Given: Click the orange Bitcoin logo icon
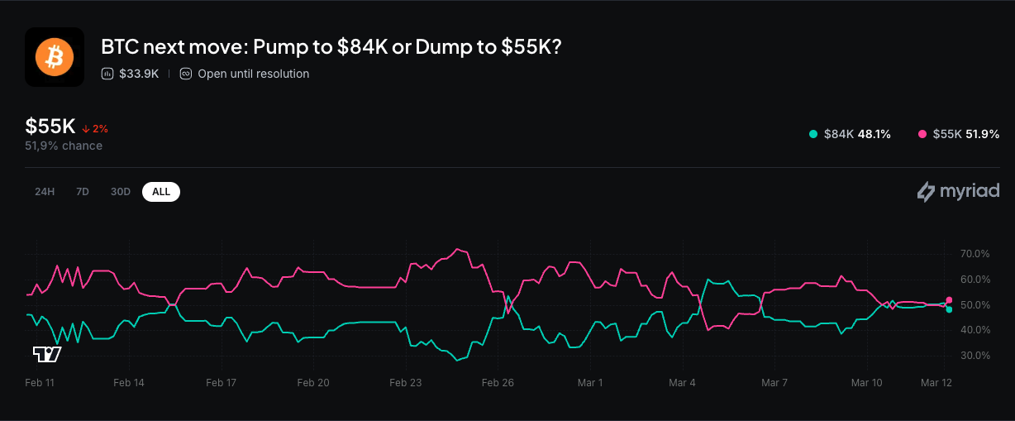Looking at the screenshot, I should (55, 57).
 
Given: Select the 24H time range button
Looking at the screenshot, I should (45, 192).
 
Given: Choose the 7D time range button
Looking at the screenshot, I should (83, 192).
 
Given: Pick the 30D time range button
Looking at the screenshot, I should (121, 192).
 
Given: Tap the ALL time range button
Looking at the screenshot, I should (161, 192).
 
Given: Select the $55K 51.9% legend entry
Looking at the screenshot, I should (959, 134).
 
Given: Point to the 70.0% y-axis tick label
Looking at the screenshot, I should (975, 253).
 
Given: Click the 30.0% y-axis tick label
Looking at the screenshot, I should (975, 356).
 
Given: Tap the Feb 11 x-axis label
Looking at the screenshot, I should (40, 383).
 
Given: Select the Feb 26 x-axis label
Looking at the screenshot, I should (498, 383).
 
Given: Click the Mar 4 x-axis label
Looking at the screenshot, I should (682, 383).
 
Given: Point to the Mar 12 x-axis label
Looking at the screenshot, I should (937, 383).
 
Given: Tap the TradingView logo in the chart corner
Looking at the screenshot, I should (47, 355).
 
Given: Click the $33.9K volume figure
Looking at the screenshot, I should (139, 74).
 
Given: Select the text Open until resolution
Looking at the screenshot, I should (253, 74).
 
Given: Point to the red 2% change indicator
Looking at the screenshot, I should (95, 129).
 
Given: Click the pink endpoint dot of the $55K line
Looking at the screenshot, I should (950, 299).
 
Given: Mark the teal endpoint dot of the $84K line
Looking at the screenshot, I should (950, 309).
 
